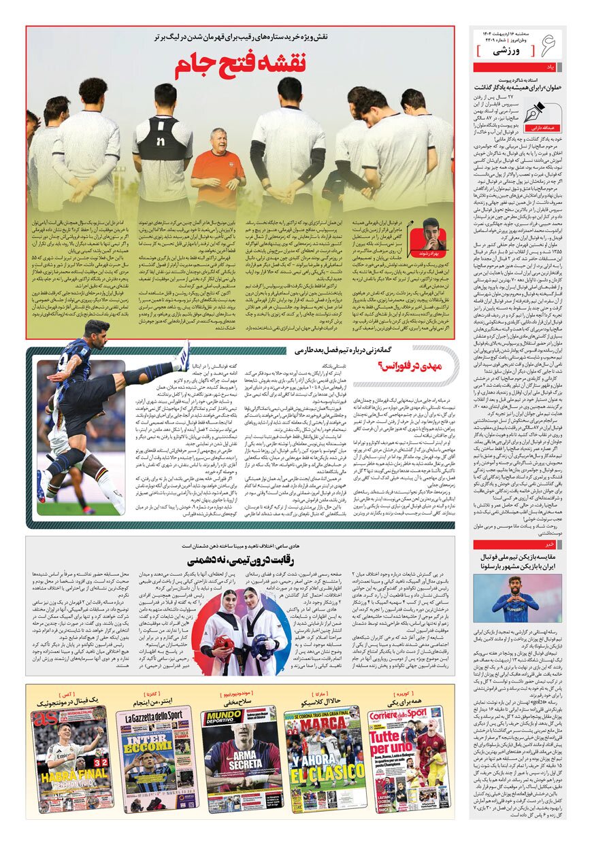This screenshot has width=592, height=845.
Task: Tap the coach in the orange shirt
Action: tap(218, 170)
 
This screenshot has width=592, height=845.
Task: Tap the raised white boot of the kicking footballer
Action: tap(182, 355)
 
